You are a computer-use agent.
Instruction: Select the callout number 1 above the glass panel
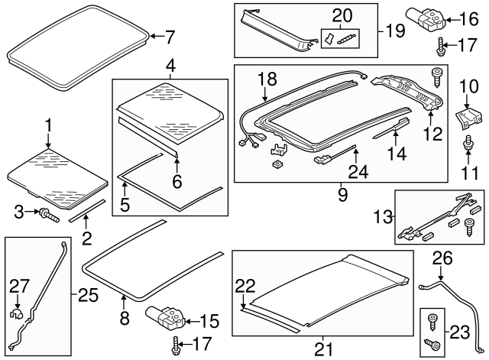(x=48, y=125)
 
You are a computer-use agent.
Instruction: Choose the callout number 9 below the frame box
(x=342, y=194)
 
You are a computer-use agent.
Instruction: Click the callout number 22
(x=245, y=286)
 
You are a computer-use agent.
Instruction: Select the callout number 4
(x=170, y=66)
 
